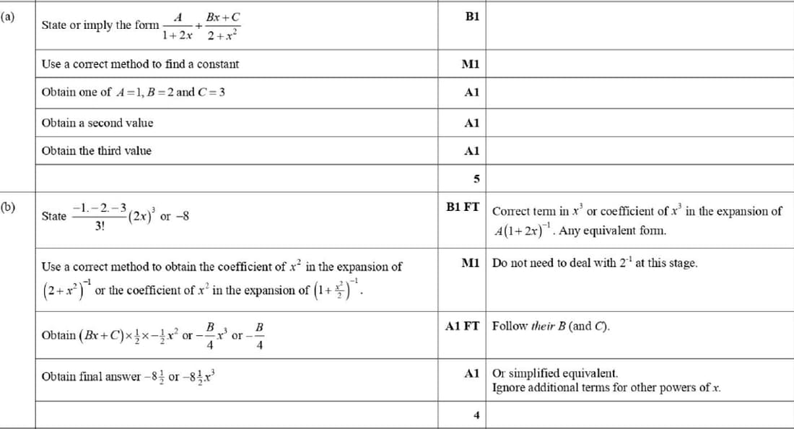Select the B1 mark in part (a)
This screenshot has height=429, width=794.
[x=471, y=16]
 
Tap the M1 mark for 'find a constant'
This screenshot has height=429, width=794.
[x=470, y=64]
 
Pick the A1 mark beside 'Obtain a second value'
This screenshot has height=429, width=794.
[x=471, y=123]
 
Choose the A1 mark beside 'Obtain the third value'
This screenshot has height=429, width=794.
[x=471, y=151]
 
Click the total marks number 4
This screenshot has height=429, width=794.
[x=476, y=415]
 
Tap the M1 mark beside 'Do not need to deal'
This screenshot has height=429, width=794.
[x=470, y=263]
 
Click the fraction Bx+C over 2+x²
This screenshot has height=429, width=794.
[x=222, y=25]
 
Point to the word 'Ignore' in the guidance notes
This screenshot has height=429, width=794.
[x=508, y=388]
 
